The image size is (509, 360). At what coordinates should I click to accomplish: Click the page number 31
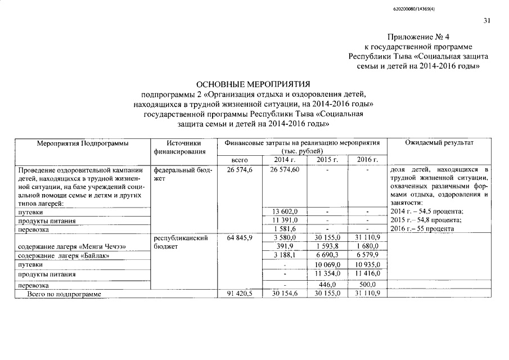click(x=487, y=21)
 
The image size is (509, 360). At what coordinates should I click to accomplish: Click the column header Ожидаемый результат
click(x=439, y=143)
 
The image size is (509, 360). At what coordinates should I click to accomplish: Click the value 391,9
click(x=286, y=247)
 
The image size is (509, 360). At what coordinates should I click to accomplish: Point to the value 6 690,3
click(x=328, y=256)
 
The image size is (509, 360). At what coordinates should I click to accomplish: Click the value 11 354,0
click(x=328, y=274)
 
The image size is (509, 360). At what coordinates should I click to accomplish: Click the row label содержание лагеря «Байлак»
click(x=63, y=256)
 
